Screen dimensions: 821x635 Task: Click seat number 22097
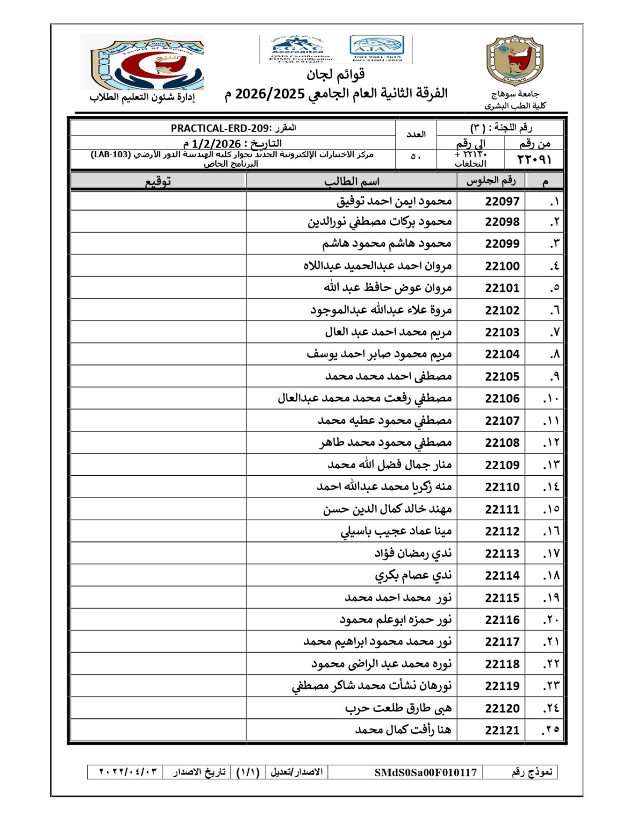coord(502,201)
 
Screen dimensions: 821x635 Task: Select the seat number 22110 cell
coord(502,487)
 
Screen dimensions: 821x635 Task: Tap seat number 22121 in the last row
coord(502,730)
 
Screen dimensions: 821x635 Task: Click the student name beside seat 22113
coord(412,553)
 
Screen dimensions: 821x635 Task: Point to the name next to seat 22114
coord(412,575)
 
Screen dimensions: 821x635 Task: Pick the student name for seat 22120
coord(398,708)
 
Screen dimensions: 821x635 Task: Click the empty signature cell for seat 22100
coord(158,266)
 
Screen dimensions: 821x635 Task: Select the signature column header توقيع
coord(158,181)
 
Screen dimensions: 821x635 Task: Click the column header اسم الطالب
coord(351,181)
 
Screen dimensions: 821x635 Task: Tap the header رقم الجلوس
coord(491,181)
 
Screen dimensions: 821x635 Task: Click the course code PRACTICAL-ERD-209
coord(221,128)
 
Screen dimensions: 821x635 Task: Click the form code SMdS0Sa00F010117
coord(425,772)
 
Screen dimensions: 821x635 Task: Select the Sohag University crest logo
coord(515,60)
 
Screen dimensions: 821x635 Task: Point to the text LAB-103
coord(111,154)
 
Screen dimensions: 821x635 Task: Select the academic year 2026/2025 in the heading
coord(270,94)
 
